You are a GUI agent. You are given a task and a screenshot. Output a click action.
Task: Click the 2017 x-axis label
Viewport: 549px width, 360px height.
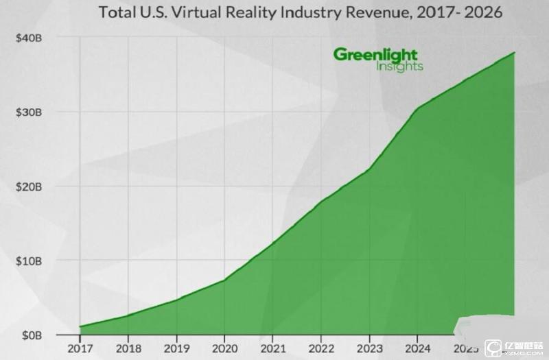80,347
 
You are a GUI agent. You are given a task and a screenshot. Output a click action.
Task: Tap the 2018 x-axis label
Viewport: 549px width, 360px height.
128,347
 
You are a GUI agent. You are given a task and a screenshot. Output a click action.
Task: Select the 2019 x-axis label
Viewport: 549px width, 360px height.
176,347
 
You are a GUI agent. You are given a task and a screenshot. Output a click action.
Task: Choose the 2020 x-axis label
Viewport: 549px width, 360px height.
224,347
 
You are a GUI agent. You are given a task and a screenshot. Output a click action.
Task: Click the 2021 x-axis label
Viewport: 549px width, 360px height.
272,347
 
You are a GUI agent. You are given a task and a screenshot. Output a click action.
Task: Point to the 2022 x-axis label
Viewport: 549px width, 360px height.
321,347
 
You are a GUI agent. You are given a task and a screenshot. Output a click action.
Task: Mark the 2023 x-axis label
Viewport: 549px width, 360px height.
369,347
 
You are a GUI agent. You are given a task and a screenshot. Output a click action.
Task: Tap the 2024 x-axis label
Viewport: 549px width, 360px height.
417,347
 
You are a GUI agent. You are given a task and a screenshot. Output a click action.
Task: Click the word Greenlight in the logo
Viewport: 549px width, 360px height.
375,55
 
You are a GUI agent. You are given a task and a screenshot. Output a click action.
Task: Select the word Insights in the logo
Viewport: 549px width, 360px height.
399,67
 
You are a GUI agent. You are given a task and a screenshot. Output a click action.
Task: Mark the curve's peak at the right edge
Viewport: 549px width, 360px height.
514,53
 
